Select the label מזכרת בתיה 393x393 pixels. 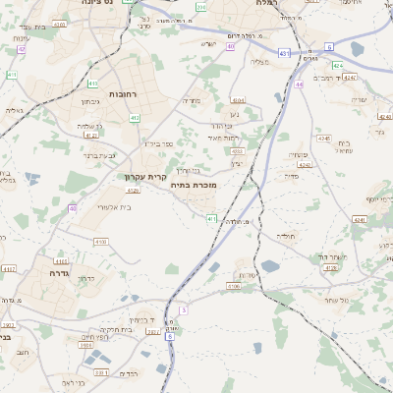click(193, 184)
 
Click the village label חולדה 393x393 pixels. click(286, 236)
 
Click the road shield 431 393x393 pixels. click(283, 53)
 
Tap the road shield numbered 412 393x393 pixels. click(135, 118)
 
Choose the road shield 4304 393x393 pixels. click(238, 99)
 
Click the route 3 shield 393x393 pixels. click(183, 309)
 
